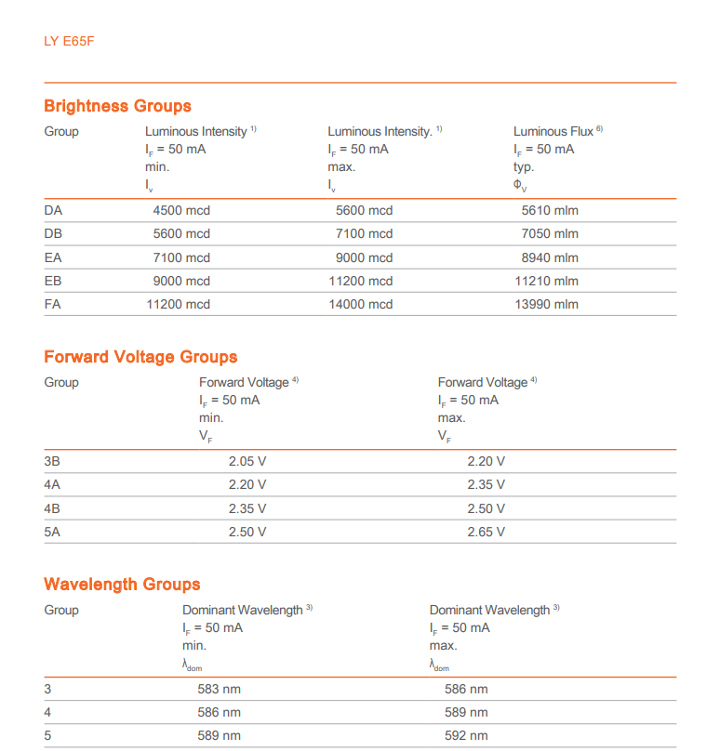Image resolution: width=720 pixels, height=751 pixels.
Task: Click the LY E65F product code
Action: tap(69, 42)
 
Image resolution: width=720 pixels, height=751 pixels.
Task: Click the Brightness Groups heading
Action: tap(117, 106)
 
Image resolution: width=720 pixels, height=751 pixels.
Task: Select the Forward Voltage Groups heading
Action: tap(140, 357)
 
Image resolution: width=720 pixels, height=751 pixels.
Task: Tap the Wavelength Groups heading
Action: tap(122, 585)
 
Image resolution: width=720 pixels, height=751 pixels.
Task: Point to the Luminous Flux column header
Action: tap(554, 132)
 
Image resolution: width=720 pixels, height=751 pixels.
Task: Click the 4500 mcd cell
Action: tap(181, 210)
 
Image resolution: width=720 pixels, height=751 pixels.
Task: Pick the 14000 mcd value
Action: tap(361, 304)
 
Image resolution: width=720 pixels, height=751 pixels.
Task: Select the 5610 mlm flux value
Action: tap(550, 210)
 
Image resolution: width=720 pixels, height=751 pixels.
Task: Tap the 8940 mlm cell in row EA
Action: tap(550, 257)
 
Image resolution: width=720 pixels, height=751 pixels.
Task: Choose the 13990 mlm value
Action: tap(547, 304)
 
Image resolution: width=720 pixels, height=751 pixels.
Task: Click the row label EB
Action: tap(53, 281)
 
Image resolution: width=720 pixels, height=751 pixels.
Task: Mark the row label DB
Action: tap(53, 233)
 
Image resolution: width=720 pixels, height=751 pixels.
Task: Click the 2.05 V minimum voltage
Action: tap(247, 461)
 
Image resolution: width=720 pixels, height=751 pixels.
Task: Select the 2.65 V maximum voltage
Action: tap(487, 532)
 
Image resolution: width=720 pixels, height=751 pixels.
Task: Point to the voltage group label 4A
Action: tap(52, 484)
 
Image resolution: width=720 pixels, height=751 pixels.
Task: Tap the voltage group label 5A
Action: tap(52, 532)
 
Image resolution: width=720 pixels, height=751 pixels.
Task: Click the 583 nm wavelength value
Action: tap(219, 689)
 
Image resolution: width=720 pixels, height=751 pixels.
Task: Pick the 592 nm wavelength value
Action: tap(466, 735)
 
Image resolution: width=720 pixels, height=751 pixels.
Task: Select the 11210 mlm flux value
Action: tap(547, 281)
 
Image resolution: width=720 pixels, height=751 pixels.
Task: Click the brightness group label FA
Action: tap(53, 304)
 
